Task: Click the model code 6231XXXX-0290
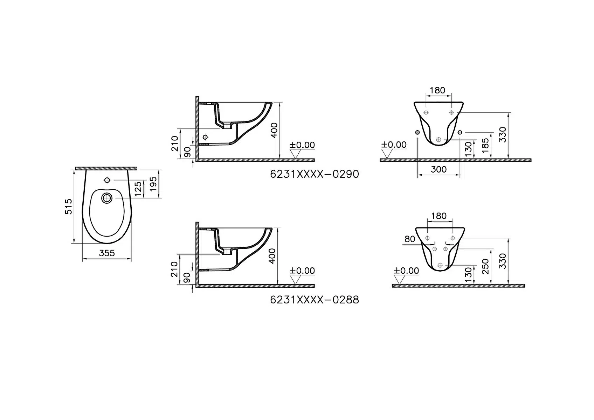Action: (x=314, y=174)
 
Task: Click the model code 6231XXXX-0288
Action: (x=314, y=300)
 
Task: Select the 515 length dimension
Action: (x=68, y=206)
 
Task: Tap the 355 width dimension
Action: (x=107, y=253)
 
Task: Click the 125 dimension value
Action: (x=138, y=189)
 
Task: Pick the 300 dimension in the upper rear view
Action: (x=438, y=169)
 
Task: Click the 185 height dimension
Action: (x=485, y=145)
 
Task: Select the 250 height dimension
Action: (x=485, y=267)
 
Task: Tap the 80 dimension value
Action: (x=410, y=239)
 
